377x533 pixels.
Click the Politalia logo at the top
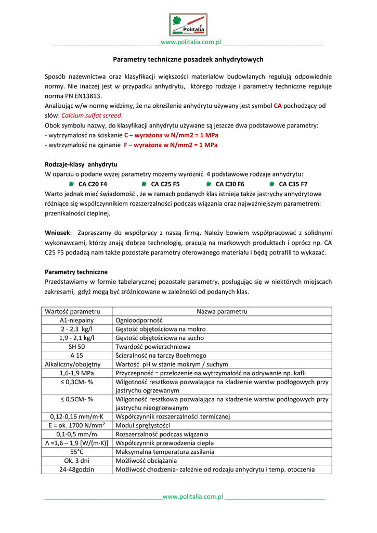188,25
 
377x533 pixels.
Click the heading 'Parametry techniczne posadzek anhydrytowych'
188,60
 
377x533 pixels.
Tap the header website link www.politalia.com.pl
191,42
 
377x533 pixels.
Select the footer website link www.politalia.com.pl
193,497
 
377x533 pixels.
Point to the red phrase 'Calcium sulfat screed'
91,116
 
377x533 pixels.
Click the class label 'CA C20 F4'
93,184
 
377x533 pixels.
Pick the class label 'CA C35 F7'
293,184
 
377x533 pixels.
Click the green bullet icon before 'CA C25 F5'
144,184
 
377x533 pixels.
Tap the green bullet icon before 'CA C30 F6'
209,184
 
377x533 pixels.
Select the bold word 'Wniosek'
57,233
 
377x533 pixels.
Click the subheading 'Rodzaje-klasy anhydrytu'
81,164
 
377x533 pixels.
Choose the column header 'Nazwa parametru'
222,311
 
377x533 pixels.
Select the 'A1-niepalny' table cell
77,321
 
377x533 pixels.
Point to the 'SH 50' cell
77,347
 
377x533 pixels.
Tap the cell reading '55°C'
77,452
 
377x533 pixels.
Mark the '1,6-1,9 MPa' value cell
77,373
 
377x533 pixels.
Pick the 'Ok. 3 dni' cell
77,461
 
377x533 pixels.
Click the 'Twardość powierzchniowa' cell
153,347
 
